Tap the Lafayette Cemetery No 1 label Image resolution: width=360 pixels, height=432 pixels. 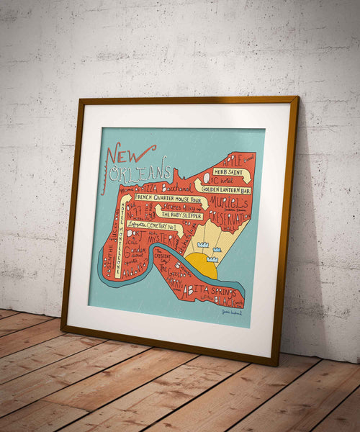tap(152, 224)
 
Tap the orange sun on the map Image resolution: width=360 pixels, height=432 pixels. tap(202, 266)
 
